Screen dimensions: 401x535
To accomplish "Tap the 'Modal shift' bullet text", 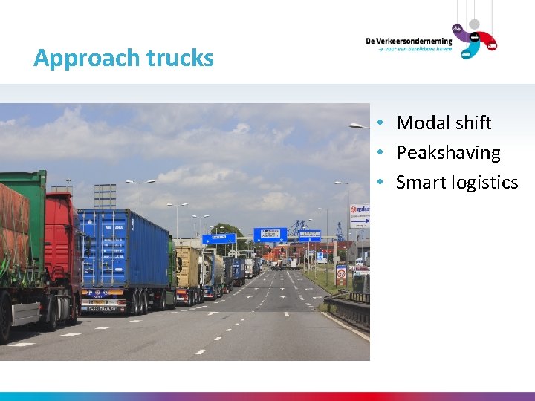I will point(444,123).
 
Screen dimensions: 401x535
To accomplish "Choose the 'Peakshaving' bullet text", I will point(448,153).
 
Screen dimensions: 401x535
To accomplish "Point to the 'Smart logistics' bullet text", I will point(457,183).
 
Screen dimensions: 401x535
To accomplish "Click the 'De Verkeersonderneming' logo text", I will point(408,42).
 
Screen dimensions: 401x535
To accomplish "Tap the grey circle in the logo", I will point(474,25).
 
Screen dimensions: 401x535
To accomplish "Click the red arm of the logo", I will point(487,41).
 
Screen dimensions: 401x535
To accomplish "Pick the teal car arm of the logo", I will point(469,50).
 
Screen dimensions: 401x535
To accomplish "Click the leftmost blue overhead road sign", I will point(218,238).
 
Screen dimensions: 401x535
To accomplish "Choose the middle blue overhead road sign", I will point(270,235).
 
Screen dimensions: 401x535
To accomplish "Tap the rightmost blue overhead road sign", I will point(309,236).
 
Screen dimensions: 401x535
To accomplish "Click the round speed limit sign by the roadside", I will point(340,273).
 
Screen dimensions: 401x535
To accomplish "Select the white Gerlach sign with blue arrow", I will point(360,216).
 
